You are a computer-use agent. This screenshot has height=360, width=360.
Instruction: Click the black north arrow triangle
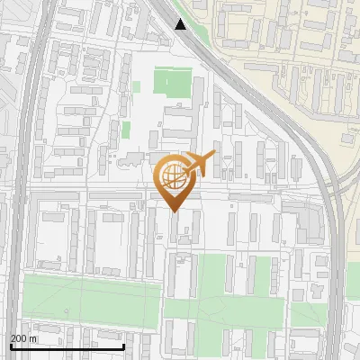point(181,24)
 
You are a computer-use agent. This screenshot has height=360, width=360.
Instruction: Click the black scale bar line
point(67,346)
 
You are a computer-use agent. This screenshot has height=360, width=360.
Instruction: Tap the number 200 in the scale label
point(19,338)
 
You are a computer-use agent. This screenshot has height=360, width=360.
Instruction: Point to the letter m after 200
point(33,338)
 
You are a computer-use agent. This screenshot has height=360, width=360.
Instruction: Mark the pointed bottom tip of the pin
point(174,211)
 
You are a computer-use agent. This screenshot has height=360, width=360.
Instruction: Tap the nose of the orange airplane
point(214,157)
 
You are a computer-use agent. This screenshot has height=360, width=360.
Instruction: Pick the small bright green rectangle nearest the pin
point(126,130)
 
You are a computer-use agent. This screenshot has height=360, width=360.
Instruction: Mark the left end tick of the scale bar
point(10,346)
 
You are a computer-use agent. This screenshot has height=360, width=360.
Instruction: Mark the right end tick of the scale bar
point(123,346)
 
